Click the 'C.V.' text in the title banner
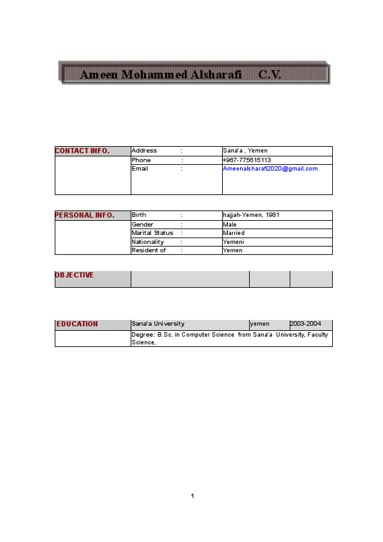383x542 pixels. pos(270,75)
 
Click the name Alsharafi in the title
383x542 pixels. pos(216,75)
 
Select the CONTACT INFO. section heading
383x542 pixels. pos(82,151)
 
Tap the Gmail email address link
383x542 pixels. pos(270,169)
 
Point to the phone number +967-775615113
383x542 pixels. pos(247,160)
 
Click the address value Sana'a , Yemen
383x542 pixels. pos(245,151)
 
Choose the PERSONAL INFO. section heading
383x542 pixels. pos(85,215)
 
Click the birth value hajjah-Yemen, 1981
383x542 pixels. pos(251,215)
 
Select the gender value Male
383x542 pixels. pos(230,225)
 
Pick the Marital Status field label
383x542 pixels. pos(153,233)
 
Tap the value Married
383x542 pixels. pos(234,233)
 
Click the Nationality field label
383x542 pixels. pos(148,242)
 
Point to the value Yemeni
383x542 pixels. pos(233,242)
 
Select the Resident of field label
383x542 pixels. pos(149,250)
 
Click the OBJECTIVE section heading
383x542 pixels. pos(75,276)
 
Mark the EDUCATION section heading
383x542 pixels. pos(77,324)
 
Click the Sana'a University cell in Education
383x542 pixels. pos(158,324)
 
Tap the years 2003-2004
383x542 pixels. pos(306,324)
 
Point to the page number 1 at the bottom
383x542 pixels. pos(192,496)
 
